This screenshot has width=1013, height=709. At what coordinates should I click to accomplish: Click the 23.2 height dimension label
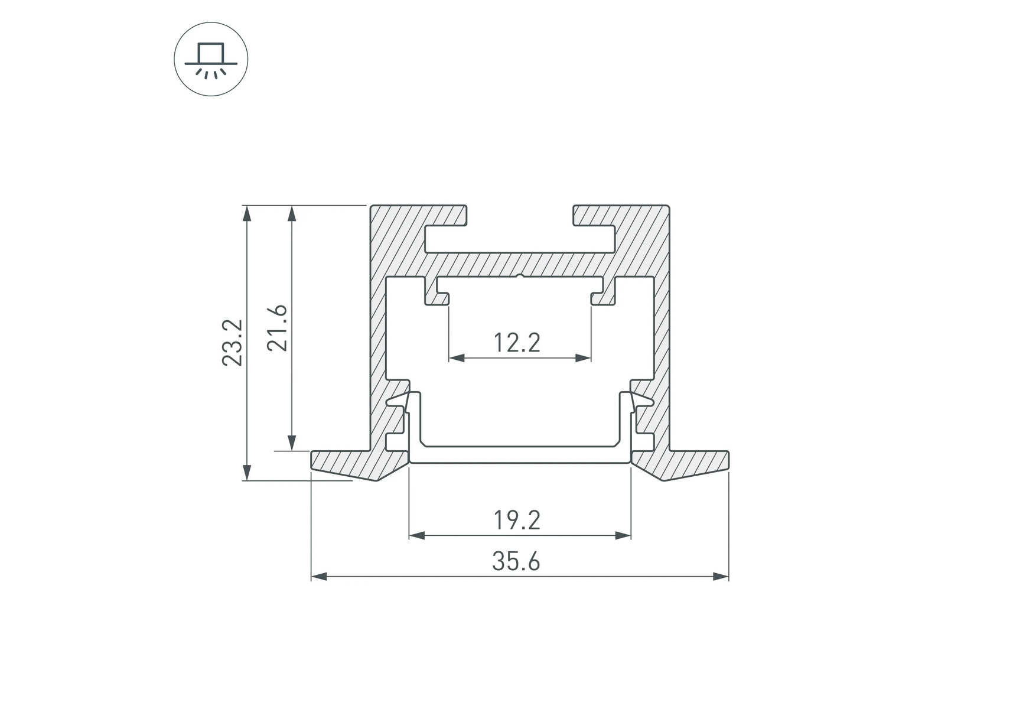232,343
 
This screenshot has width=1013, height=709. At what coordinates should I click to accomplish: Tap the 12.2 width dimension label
517,343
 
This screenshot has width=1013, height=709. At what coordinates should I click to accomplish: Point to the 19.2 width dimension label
517,521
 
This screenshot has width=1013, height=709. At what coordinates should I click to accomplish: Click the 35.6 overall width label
516,561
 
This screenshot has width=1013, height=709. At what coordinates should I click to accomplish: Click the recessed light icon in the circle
211,60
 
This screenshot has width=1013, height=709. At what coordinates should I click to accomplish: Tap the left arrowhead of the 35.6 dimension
319,576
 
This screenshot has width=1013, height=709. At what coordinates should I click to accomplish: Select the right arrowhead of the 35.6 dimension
721,576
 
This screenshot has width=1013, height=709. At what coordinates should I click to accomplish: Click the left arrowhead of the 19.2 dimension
417,535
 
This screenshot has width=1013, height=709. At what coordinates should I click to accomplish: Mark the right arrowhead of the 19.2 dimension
623,535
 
